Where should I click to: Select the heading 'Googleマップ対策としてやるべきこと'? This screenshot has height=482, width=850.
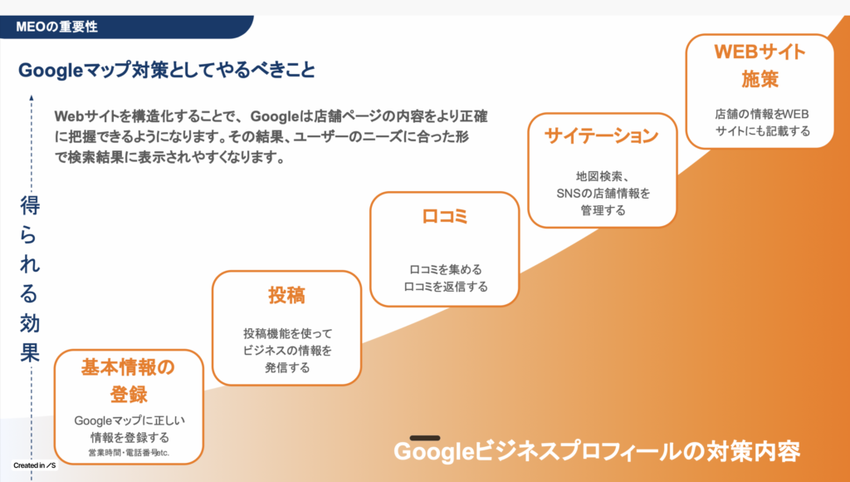[166, 70]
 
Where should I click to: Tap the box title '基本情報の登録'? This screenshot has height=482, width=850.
[129, 381]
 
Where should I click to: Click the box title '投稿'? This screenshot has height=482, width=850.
[286, 295]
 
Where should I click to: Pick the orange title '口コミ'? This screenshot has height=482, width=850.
[445, 216]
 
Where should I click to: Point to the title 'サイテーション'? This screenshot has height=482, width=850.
[602, 135]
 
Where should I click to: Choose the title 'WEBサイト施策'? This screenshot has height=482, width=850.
[760, 65]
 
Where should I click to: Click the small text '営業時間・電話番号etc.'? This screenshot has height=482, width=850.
[129, 452]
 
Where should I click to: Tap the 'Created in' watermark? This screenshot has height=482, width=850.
[35, 465]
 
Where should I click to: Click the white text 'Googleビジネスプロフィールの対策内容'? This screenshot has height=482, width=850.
[597, 451]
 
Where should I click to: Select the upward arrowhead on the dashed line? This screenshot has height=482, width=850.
[32, 98]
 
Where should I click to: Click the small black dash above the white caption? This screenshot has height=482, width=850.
[425, 437]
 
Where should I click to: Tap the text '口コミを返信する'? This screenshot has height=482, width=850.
[446, 287]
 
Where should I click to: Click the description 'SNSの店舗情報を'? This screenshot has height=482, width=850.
[603, 194]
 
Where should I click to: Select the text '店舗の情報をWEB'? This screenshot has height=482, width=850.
[762, 114]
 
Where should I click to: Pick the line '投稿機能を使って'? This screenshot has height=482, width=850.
[287, 333]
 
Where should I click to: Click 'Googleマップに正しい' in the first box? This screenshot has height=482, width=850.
[129, 421]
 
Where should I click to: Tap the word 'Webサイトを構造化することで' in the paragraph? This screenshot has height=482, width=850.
[146, 116]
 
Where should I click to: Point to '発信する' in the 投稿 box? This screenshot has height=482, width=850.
[287, 367]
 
